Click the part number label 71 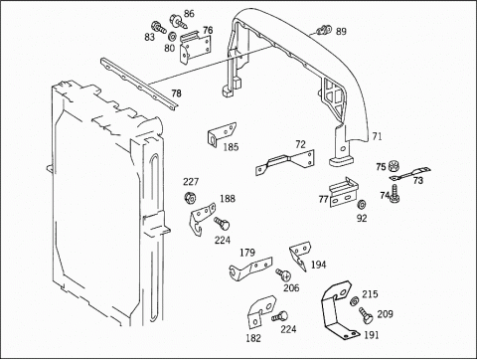(x=377, y=136)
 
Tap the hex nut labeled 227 (x=190, y=198)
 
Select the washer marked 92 (x=362, y=205)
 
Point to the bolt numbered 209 (x=366, y=315)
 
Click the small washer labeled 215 (x=354, y=300)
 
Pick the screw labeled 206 (x=283, y=274)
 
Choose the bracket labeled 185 (x=222, y=134)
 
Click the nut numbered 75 (x=394, y=165)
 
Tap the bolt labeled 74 (x=395, y=193)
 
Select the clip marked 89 (x=324, y=30)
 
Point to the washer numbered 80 (x=172, y=36)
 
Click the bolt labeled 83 (x=158, y=27)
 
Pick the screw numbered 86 (x=178, y=21)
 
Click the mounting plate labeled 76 (x=195, y=48)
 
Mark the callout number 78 (x=176, y=93)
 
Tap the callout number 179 (x=247, y=253)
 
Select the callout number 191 (x=371, y=335)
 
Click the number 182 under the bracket (x=253, y=338)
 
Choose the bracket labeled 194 (x=300, y=256)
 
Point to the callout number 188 (x=228, y=199)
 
